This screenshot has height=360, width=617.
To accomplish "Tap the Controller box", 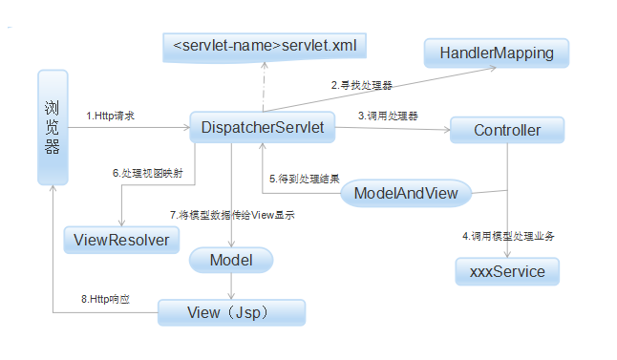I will point(507,130).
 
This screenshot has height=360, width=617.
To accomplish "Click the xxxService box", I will point(507,272).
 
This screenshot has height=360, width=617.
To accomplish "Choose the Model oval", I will point(231,260).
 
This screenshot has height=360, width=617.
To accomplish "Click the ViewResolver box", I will point(121,240).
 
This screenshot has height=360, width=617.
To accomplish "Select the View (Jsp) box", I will point(231,312).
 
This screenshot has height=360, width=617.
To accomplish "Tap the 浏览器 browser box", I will point(53,126).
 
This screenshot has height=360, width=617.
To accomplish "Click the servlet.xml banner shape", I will point(264,46).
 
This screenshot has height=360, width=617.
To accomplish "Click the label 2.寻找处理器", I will point(362,85).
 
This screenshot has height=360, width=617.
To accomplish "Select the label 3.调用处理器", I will point(389,115).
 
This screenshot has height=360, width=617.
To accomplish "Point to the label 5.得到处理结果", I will point(305,178).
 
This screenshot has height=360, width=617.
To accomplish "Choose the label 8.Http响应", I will point(104,299).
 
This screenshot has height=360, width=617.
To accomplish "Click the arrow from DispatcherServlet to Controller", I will point(392,129).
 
